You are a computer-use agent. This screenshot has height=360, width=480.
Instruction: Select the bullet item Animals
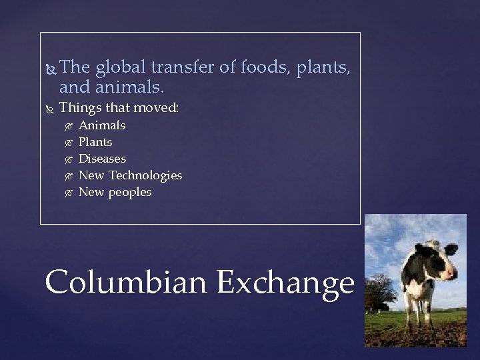coord(102,125)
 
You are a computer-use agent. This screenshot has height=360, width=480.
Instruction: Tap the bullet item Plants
coord(95,142)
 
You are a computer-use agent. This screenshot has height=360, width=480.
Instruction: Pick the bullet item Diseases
coord(102,159)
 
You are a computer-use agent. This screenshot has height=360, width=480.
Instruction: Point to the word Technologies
coord(145,175)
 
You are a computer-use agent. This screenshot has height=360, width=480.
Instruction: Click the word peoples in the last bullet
coord(130,192)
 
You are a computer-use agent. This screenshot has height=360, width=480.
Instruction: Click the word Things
coord(79,107)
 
